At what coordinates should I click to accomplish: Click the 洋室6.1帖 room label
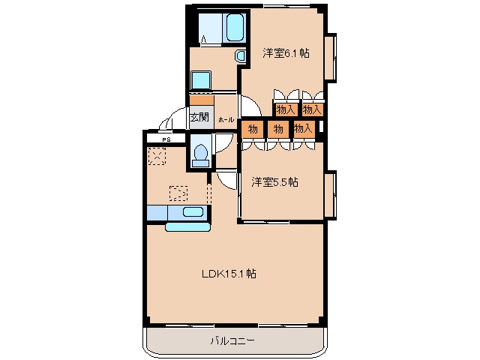(x=286, y=53)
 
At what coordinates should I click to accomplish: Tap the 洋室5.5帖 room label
(x=274, y=182)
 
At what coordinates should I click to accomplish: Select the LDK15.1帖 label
(x=229, y=273)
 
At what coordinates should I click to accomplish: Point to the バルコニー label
(x=232, y=340)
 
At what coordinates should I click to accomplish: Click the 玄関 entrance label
(x=199, y=117)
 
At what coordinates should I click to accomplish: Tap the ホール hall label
(x=226, y=120)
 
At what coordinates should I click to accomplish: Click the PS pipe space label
(x=166, y=139)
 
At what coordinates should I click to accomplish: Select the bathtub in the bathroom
(x=235, y=27)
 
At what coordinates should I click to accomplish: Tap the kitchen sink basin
(x=193, y=211)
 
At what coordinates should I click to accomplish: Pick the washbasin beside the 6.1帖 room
(x=241, y=56)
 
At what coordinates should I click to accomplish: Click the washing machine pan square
(x=201, y=80)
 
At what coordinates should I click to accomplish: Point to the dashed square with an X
(x=157, y=156)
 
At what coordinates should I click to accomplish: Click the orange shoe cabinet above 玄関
(x=202, y=100)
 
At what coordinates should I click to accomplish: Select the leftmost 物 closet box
(x=253, y=130)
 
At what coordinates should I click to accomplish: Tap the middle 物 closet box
(x=278, y=130)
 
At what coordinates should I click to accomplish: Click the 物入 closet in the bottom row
(x=303, y=129)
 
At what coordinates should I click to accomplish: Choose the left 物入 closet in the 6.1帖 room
(x=286, y=109)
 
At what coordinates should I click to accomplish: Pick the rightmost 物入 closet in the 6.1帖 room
(x=312, y=109)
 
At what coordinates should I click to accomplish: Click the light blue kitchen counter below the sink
(x=188, y=226)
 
